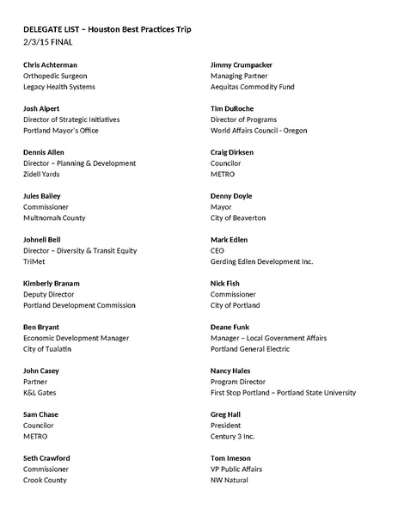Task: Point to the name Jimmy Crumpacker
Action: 242,64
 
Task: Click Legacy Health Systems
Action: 58,87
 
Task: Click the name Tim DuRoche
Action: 234,108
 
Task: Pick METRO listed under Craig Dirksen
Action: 223,175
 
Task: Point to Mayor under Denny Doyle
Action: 221,207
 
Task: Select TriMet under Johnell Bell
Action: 35,261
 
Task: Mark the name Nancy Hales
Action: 230,371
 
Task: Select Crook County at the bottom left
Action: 46,480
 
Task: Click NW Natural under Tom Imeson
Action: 229,480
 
